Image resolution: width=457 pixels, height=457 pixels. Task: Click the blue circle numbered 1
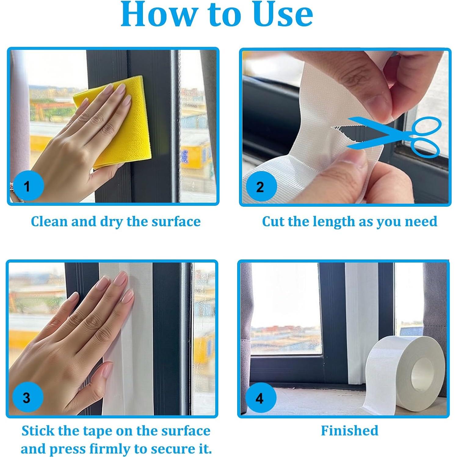pyautogui.click(x=27, y=186)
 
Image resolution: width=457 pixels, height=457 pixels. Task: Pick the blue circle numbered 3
pyautogui.click(x=27, y=397)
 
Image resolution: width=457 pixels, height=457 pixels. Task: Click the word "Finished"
pyautogui.click(x=350, y=430)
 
